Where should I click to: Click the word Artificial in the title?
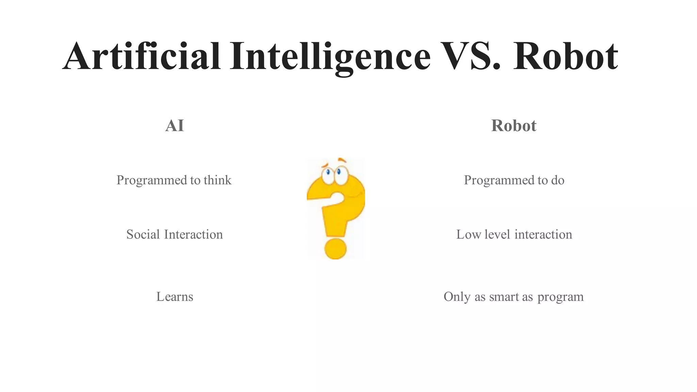142,56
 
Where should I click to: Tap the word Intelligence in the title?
330,56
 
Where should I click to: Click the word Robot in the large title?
565,56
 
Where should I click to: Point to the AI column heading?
175,126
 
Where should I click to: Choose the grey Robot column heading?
514,126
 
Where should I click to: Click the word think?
217,180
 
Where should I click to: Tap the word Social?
143,234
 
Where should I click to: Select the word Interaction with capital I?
193,234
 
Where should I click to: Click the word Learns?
175,297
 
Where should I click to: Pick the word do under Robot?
557,180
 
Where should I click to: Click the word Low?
468,234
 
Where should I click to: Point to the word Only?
457,297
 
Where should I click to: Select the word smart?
504,297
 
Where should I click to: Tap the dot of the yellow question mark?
336,249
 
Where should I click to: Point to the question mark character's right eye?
340,174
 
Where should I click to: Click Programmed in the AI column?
152,180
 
